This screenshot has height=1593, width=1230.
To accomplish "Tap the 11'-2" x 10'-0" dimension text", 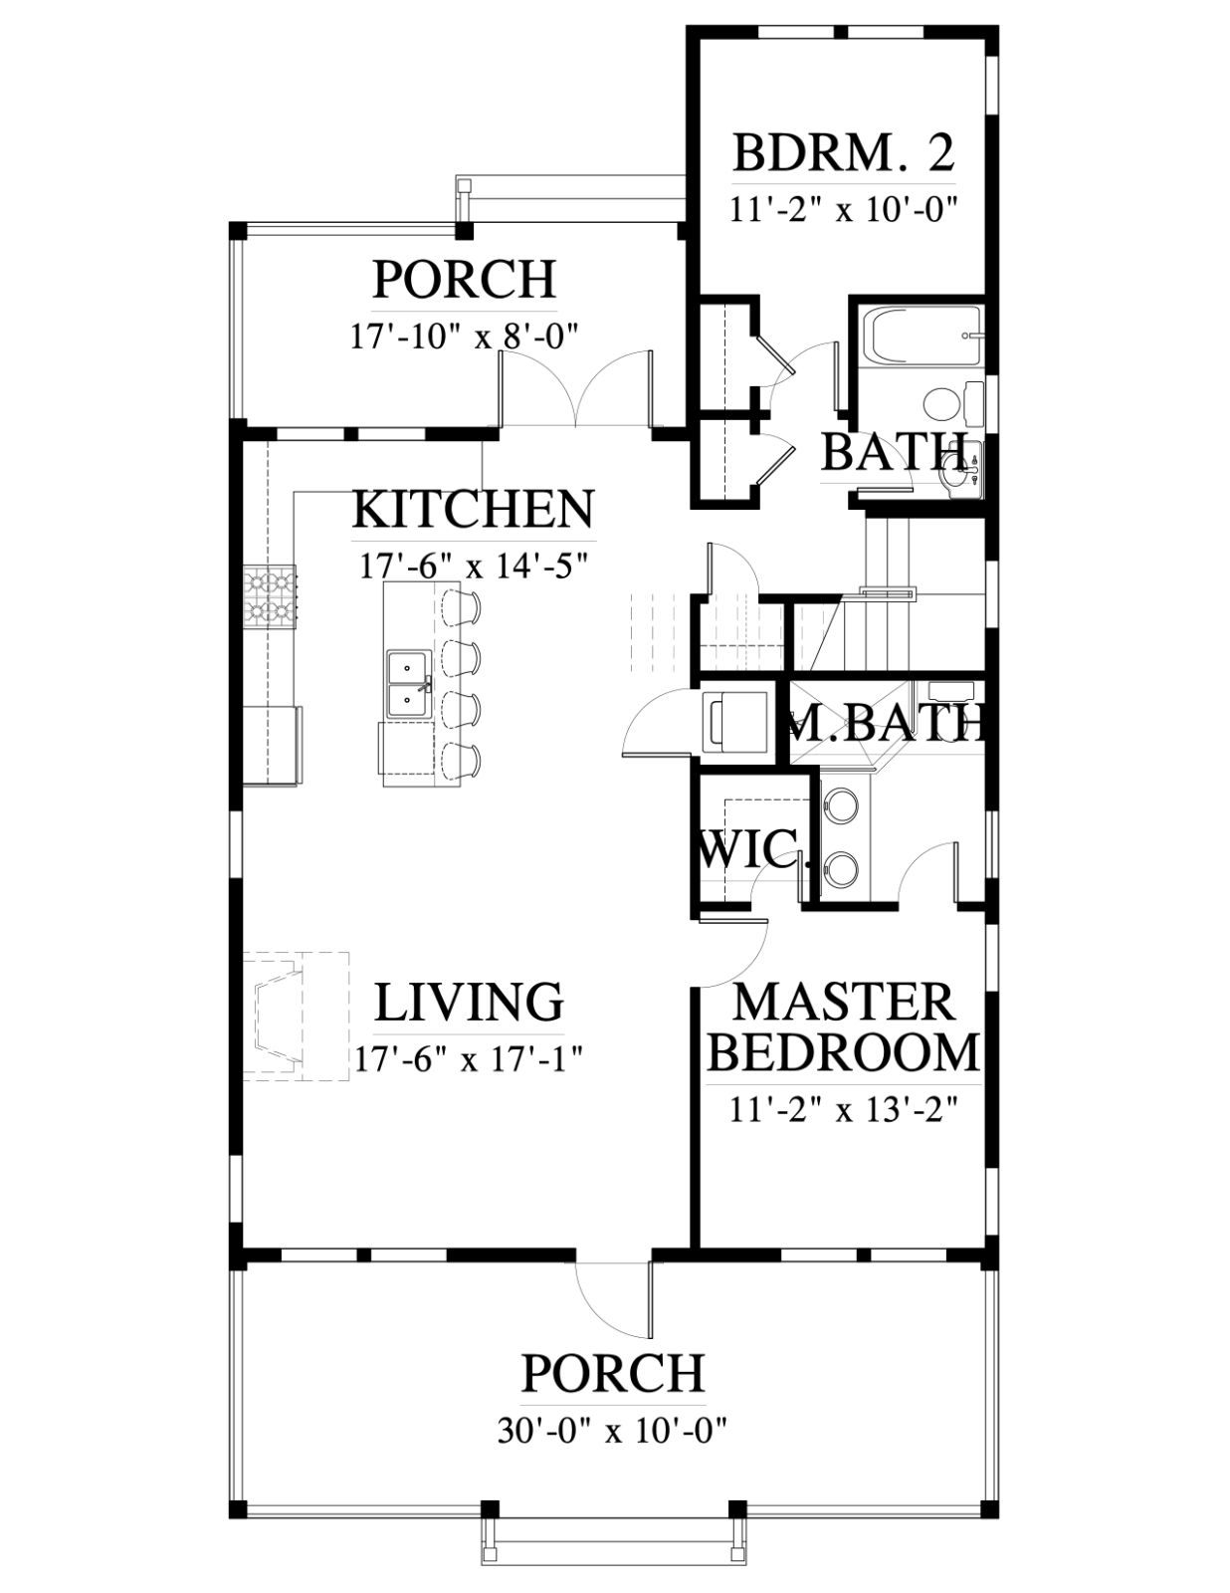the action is point(844,210).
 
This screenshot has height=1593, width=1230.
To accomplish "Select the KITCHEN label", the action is point(473,510).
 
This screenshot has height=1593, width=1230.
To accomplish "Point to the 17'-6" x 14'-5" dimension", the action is point(474,567).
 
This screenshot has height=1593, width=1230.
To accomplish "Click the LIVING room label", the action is point(469,1002).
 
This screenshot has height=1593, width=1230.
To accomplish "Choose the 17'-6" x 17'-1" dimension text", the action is point(469,1059).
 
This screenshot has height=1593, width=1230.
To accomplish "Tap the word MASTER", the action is point(844,1002).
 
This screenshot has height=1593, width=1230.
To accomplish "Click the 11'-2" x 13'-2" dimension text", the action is point(844,1112).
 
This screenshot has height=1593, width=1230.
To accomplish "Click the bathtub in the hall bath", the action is point(921,335).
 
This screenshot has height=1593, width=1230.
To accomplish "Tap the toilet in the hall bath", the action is point(953,403).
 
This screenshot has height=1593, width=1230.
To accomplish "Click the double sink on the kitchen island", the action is point(408,685).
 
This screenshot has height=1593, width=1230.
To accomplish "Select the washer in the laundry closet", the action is point(733,723).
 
